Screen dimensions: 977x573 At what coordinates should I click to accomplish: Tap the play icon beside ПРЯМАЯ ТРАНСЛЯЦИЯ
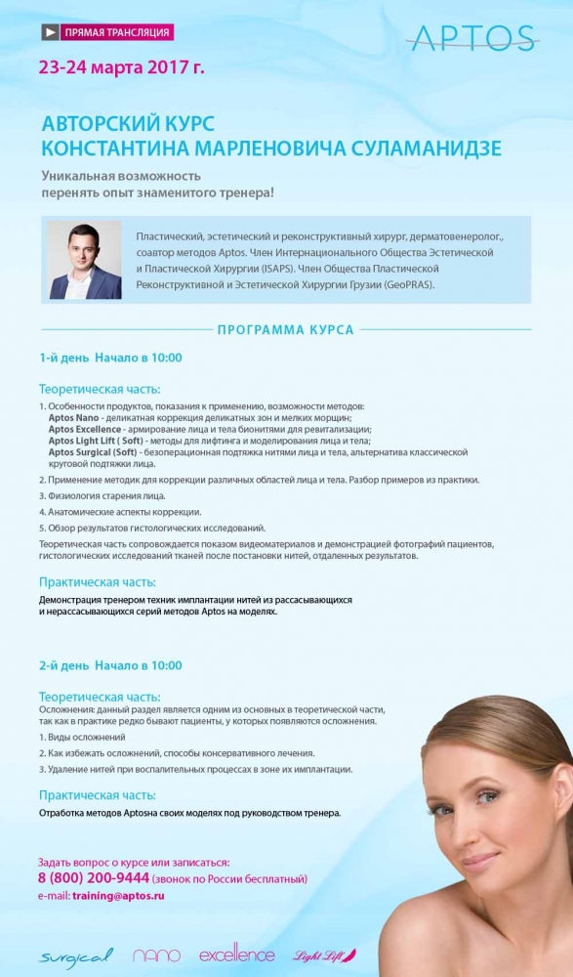[x=49, y=32]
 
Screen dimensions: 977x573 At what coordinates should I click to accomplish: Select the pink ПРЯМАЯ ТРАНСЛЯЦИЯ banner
[x=116, y=32]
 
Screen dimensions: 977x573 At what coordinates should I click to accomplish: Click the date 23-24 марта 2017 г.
[x=122, y=68]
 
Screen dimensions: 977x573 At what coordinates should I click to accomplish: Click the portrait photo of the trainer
[x=85, y=260]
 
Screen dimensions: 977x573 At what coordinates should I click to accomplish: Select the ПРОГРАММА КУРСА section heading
[x=286, y=330]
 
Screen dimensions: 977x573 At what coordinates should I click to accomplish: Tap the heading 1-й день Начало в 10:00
[x=110, y=358]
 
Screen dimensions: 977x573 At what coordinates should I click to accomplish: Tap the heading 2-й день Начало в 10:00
[x=110, y=665]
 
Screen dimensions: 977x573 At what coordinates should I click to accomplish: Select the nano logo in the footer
[x=156, y=955]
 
